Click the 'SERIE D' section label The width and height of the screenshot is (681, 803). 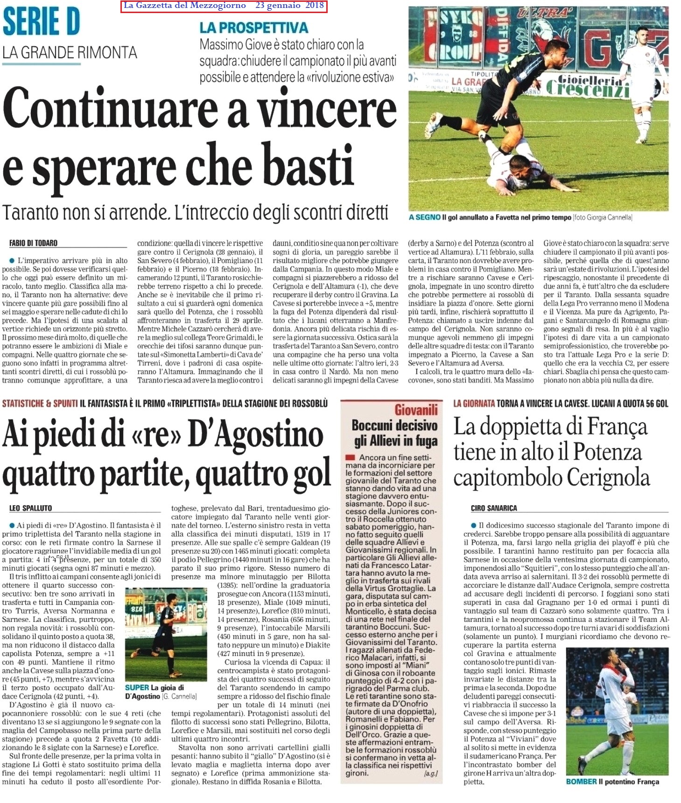(41, 22)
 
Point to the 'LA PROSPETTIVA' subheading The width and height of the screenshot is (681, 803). (253, 28)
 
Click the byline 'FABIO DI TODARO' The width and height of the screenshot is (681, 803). (33, 243)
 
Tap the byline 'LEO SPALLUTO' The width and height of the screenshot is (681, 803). (30, 508)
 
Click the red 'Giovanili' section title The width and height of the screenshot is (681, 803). (416, 410)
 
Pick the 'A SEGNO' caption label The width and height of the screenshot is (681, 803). (424, 217)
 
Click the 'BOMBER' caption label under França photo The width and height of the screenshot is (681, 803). (581, 782)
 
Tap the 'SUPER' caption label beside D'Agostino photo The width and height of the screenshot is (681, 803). (137, 688)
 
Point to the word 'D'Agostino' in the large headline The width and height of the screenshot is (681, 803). (255, 434)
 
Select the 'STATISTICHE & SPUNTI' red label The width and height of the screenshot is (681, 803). (40, 403)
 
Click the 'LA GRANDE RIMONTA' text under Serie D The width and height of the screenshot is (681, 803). (70, 52)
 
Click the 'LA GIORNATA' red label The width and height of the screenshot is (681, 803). (474, 403)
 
